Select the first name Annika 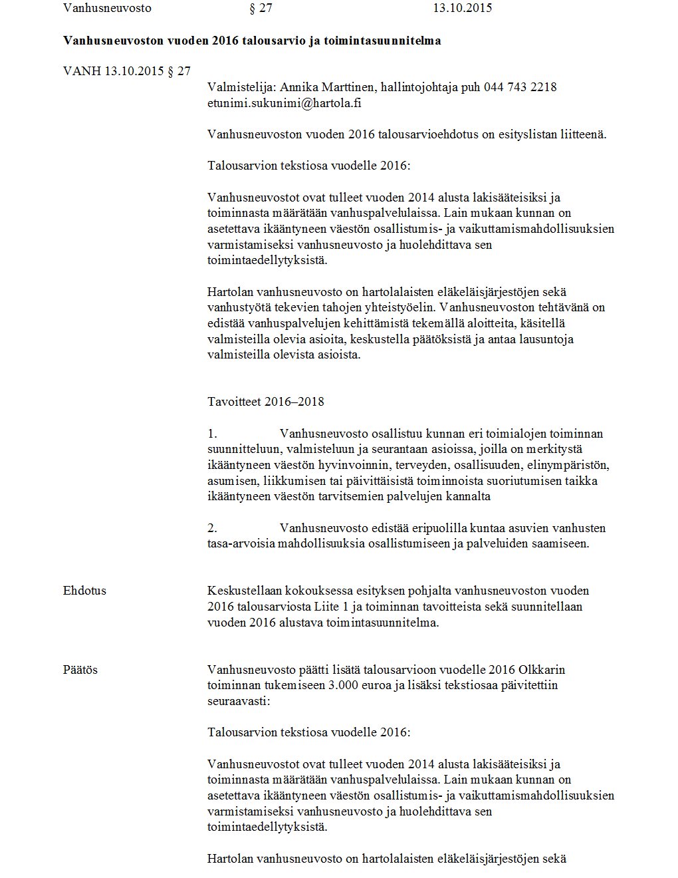coord(298,88)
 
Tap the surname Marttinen coord(346,88)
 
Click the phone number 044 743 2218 coord(520,88)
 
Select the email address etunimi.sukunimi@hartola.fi coord(284,104)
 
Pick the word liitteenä coord(583,134)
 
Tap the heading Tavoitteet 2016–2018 coord(266,402)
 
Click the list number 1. coord(212,434)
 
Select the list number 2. coord(212,528)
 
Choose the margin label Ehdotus coord(84,591)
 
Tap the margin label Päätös coord(80,670)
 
